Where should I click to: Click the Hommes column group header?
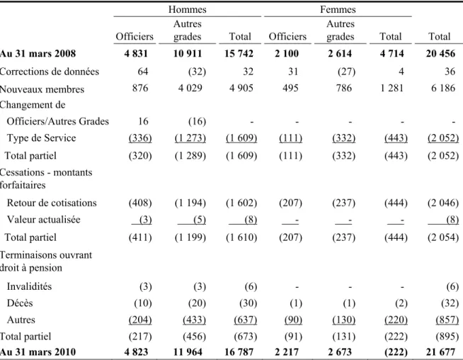pos(187,9)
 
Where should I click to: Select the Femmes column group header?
pos(338,9)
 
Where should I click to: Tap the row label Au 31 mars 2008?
pos(38,53)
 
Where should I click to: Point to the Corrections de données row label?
pos(50,72)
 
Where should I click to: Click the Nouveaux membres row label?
pos(42,89)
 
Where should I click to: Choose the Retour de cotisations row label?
pos(52,203)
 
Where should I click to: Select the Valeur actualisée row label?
pos(43,219)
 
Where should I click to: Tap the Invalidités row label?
pos(29,286)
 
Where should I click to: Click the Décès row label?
pos(20,303)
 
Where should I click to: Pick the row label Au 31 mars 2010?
pos(38,352)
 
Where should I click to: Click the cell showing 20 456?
pos(440,53)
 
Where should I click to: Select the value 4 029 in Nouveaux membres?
pos(190,88)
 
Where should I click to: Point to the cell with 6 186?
pos(443,88)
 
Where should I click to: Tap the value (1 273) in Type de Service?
pos(190,138)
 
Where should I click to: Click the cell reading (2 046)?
pos(443,203)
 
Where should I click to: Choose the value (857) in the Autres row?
pos(447,320)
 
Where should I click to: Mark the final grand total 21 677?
pos(440,352)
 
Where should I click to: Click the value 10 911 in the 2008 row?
pos(188,53)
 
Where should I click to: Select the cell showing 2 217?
pos(287,352)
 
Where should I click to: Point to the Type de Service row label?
pos(41,137)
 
